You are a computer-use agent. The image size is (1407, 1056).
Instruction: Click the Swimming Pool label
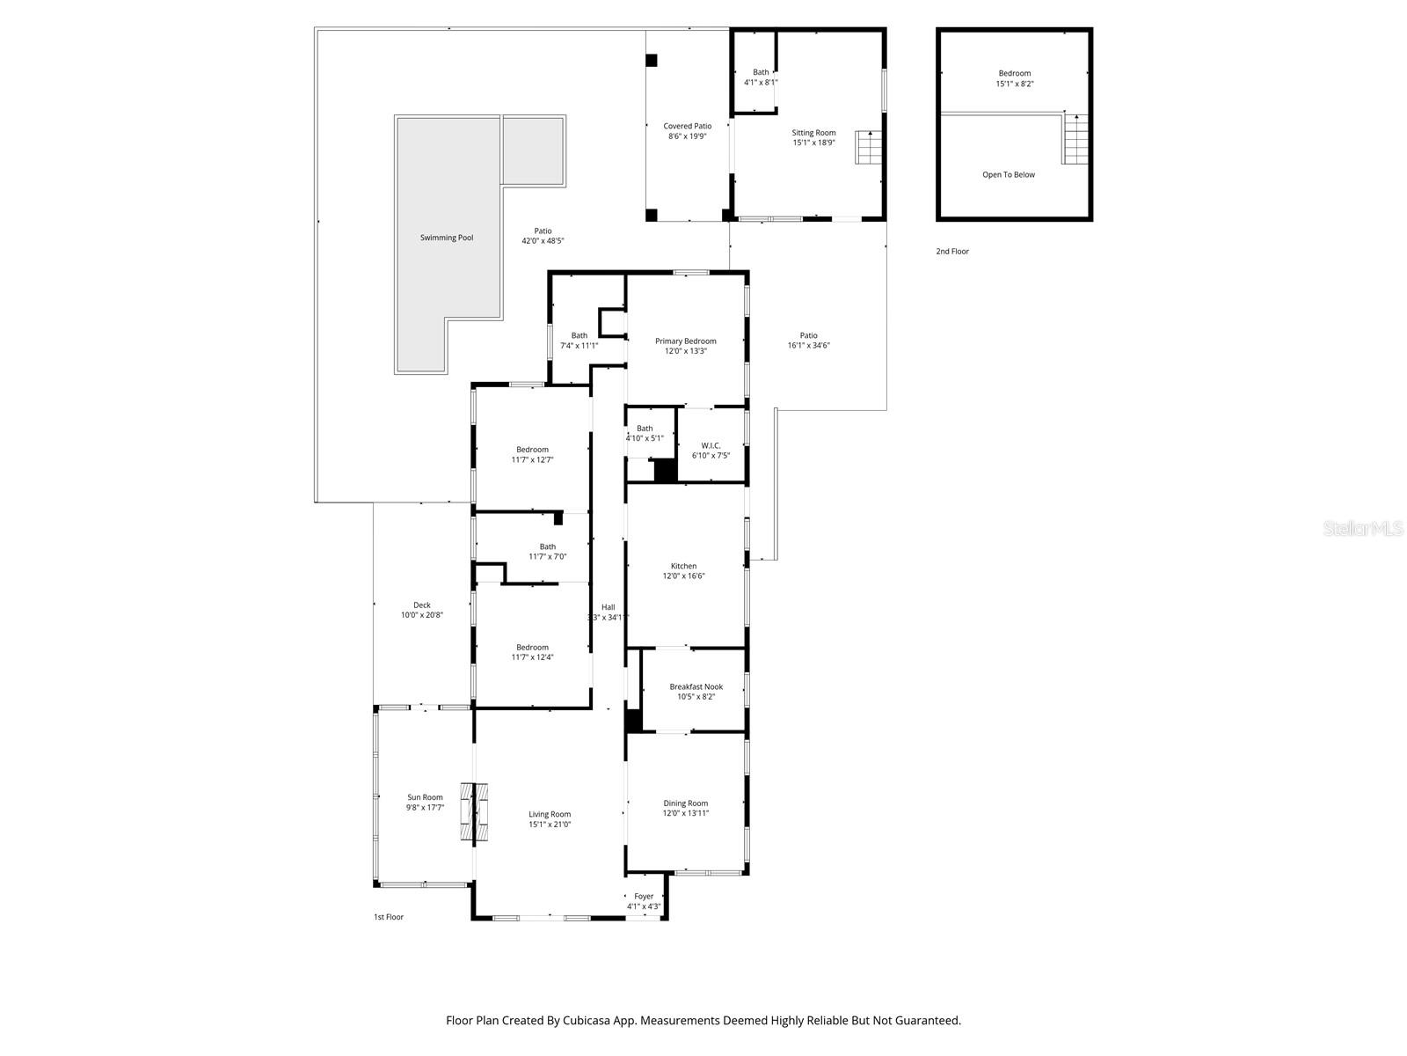click(446, 238)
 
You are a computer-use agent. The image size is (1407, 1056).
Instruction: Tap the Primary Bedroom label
click(685, 341)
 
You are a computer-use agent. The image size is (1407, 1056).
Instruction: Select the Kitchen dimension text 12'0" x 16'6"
click(683, 576)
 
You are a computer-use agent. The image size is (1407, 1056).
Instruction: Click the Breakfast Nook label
click(696, 687)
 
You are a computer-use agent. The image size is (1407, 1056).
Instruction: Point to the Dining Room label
click(685, 803)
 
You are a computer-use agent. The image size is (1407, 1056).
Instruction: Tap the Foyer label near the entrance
click(644, 897)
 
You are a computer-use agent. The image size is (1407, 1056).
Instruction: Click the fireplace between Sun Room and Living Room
click(474, 811)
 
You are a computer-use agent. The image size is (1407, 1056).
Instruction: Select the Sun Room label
click(425, 797)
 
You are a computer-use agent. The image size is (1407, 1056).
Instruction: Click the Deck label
click(421, 605)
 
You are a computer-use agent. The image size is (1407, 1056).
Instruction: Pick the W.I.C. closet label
click(711, 445)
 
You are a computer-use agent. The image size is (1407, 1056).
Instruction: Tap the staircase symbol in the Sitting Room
click(869, 147)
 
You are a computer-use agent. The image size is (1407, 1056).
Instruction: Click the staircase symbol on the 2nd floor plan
click(1075, 139)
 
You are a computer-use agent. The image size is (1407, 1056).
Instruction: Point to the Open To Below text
click(1008, 174)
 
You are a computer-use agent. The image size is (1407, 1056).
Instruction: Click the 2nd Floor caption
click(951, 252)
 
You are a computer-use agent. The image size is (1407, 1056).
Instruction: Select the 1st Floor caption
click(388, 917)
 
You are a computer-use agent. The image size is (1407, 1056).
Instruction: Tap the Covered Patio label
click(687, 126)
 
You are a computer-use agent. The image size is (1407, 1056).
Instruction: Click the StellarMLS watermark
click(1364, 528)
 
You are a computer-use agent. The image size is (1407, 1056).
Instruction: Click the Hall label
click(608, 607)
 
